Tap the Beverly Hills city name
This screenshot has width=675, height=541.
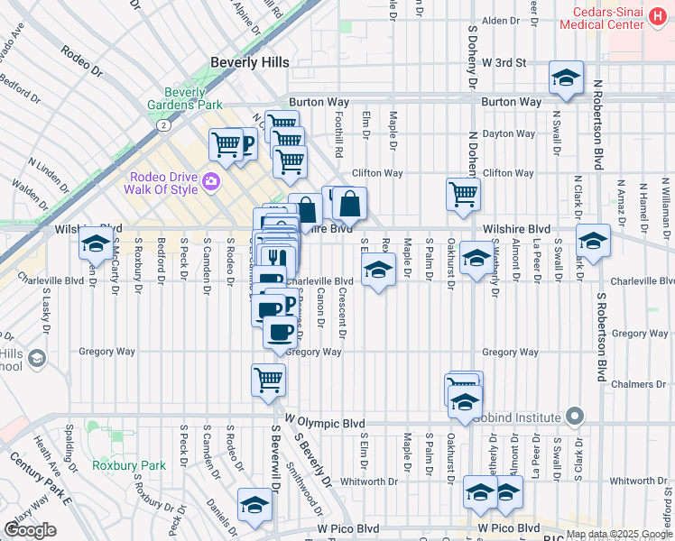[x=250, y=62]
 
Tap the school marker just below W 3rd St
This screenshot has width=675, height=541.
[x=566, y=78]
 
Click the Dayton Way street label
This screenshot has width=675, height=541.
[x=509, y=133]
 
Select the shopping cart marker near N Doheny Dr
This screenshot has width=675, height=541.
[x=463, y=194]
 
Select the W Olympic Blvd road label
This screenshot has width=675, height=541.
[x=325, y=423]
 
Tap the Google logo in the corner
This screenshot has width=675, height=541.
[x=30, y=530]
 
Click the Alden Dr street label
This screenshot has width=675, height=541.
[x=495, y=20]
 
